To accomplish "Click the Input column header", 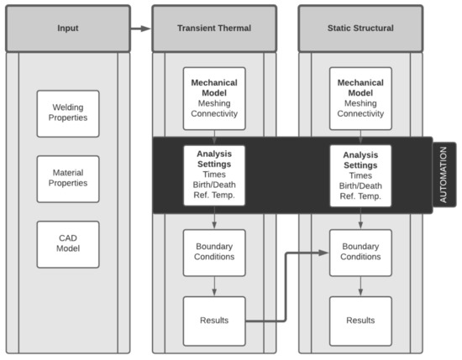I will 67,28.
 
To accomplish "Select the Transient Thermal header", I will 214,28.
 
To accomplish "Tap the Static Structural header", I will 360,28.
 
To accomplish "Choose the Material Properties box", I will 67,179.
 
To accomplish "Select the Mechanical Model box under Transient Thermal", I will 214,98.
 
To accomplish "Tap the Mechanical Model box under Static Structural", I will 360,98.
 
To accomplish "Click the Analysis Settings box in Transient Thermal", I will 214,175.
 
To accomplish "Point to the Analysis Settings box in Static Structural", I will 360,175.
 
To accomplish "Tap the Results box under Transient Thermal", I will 214,321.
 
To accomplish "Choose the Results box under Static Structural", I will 360,321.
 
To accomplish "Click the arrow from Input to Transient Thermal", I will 140,28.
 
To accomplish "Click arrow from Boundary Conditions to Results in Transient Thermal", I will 214,286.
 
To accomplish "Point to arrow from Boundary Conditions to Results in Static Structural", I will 360,286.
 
